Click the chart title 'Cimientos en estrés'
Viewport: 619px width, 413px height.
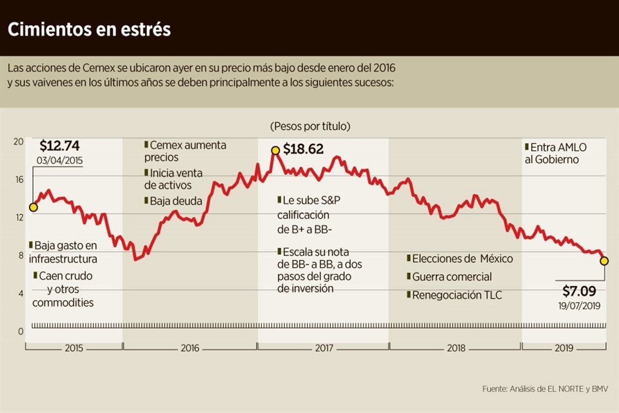tap(89, 30)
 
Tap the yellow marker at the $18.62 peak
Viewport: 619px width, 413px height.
tap(275, 150)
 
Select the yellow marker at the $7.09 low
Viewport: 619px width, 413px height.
tap(605, 261)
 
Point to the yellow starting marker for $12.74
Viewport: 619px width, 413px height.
tap(33, 207)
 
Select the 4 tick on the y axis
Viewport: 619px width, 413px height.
tap(21, 294)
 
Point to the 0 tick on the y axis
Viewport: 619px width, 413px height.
tap(21, 331)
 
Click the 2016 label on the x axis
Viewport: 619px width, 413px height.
tap(190, 348)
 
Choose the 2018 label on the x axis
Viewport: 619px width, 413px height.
tap(456, 348)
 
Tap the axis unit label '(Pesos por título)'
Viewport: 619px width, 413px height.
tap(310, 126)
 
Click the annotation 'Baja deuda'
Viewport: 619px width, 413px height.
tap(175, 201)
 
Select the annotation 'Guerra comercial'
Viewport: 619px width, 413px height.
tap(451, 277)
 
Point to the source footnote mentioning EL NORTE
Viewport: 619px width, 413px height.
tap(544, 389)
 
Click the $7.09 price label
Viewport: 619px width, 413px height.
tap(579, 291)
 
